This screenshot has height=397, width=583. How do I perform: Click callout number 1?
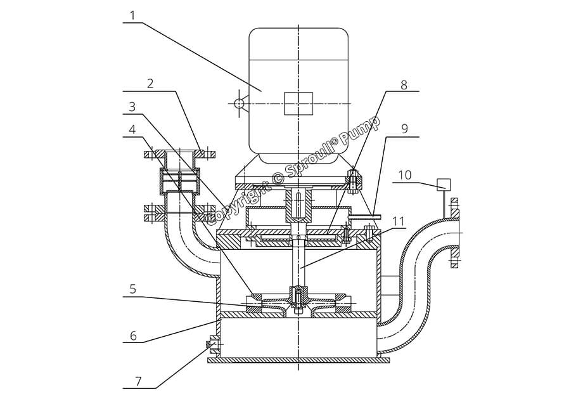point(133,15)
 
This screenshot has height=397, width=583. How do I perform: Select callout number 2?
point(150,83)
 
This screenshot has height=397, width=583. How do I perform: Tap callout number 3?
point(132,107)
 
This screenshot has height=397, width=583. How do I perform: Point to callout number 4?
point(132,130)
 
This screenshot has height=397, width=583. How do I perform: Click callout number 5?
point(132,289)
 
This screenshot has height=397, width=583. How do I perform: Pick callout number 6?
point(133,335)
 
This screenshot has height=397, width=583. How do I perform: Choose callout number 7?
point(138,381)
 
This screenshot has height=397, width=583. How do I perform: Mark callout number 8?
point(404,85)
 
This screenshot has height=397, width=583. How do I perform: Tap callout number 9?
point(404,129)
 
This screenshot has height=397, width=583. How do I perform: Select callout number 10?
point(406,175)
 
